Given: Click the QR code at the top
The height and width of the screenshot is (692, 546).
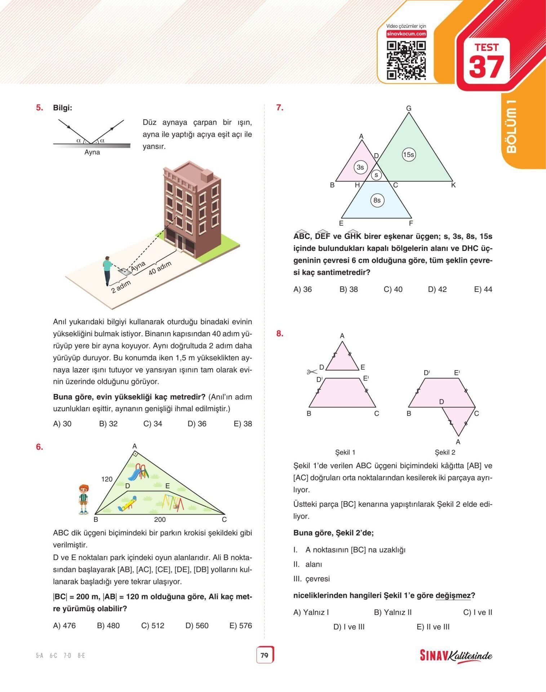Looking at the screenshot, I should tap(406, 60).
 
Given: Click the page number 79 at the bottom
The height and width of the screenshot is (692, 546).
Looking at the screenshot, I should tap(265, 655).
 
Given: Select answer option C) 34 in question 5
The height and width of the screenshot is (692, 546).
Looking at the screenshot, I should tap(153, 424).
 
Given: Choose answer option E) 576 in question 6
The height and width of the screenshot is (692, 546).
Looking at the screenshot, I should tap(241, 626).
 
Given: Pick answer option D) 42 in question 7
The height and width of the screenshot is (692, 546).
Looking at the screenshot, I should tap(437, 289).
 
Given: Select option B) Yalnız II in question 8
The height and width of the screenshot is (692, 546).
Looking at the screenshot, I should tap(392, 612).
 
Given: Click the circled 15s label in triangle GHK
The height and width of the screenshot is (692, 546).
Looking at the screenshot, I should tap(408, 155).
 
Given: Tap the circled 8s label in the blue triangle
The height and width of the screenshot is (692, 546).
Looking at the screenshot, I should tap(377, 200).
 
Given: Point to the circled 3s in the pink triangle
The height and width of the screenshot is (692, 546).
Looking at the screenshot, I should tap(360, 167).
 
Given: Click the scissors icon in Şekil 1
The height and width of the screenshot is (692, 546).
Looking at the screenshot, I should tap(312, 372).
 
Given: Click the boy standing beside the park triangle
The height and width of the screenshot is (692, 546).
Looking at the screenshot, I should tap(84, 499).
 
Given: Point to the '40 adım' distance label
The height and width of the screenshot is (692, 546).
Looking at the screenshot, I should tap(160, 268).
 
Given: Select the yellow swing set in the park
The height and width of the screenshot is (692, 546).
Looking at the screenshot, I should tap(172, 502).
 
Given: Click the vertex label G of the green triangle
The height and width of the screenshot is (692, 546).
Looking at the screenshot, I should tap(409, 108).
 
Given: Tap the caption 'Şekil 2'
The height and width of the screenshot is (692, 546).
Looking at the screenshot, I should tap(445, 452).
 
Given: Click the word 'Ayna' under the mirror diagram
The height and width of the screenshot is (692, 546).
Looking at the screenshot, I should tap(92, 152).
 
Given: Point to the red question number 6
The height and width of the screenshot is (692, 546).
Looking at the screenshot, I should tap(39, 447).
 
